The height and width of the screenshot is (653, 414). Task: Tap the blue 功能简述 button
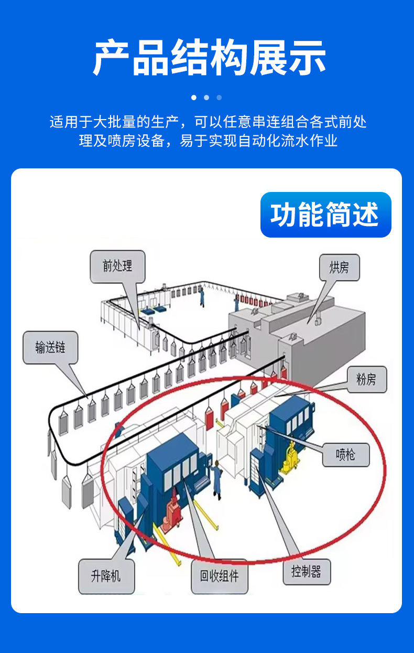click(325, 215)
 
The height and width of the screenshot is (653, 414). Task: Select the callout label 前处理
click(117, 266)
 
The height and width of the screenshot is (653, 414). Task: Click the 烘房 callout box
click(339, 268)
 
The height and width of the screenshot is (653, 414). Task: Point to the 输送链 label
click(50, 347)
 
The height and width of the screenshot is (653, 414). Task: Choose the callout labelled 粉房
click(366, 379)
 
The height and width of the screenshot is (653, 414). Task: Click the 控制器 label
click(306, 572)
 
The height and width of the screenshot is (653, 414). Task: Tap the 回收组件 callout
click(219, 576)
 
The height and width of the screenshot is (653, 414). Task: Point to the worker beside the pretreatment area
click(202, 297)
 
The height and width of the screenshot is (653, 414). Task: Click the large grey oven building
click(314, 336)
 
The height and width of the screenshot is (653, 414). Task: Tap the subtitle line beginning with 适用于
click(208, 122)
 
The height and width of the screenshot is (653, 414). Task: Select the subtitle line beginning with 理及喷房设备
click(208, 141)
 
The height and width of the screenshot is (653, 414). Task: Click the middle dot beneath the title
click(206, 98)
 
